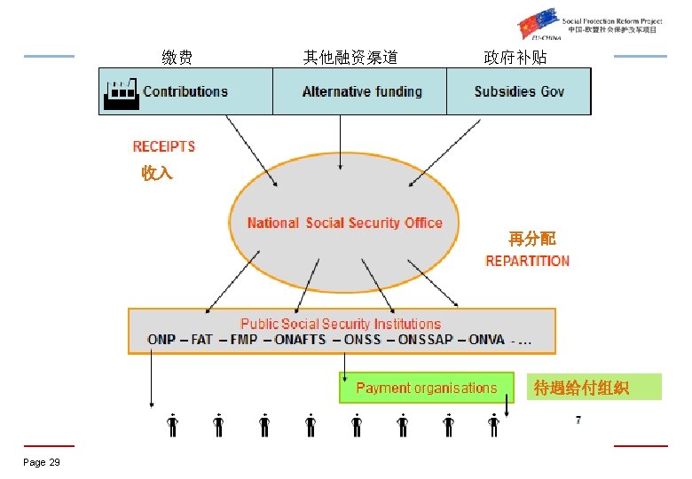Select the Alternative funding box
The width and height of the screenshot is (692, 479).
(362, 91)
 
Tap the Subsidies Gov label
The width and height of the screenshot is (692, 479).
(519, 91)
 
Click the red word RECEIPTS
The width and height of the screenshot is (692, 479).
(164, 146)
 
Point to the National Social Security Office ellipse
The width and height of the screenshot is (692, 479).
(344, 223)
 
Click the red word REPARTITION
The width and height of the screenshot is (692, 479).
(528, 261)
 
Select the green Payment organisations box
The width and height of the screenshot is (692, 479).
(427, 388)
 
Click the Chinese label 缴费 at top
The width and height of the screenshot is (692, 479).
(177, 58)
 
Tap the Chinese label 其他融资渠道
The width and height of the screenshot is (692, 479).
(350, 58)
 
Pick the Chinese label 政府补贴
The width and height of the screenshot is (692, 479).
(515, 58)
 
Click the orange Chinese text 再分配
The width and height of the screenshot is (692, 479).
(532, 239)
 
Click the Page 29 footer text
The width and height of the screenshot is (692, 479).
(42, 462)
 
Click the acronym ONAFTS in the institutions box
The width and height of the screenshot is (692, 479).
(301, 339)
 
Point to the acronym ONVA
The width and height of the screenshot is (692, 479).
(487, 339)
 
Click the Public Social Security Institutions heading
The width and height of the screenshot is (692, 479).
(341, 324)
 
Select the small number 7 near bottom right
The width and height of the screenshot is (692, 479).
(578, 420)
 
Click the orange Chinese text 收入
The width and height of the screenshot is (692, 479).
(157, 174)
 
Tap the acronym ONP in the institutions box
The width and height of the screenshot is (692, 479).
(161, 339)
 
